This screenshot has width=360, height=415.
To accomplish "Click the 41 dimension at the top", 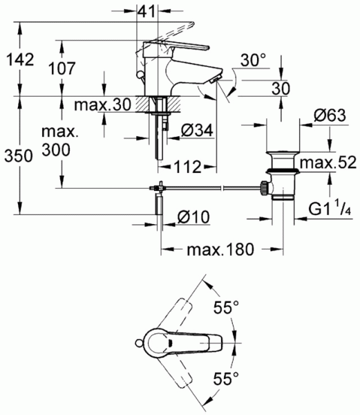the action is tap(146, 11).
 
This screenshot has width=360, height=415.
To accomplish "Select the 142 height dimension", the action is tap(20, 59).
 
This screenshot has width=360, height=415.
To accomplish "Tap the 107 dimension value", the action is tap(62, 68).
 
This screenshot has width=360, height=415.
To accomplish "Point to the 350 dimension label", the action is tap(19, 156).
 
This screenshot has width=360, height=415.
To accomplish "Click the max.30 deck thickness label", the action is tap(103, 104).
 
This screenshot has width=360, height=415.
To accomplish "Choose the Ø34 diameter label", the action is tap(197, 130).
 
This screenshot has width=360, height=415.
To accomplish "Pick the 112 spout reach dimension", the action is tap(187, 167).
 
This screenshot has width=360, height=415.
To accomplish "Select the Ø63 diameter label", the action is tap(330, 116).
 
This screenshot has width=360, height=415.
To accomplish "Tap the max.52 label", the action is tap(328, 163).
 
